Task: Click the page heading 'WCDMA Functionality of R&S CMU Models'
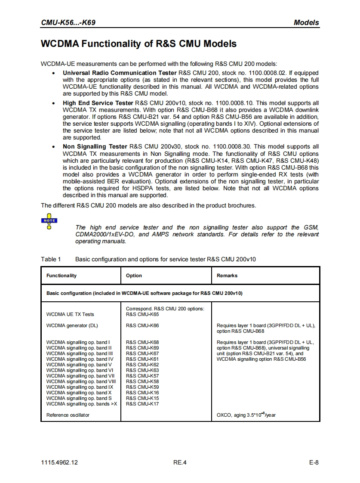pos(138,44)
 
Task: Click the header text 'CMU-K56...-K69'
pos(68,22)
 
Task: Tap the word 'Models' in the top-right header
pos(306,22)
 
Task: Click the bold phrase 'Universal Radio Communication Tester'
pos(120,73)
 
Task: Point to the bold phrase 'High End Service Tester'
pos(98,103)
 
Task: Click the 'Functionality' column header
pos(62,276)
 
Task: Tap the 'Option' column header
pos(134,276)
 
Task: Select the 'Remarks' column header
pos(227,276)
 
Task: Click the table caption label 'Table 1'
pos(51,259)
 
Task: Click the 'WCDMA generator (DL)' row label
pos(72,325)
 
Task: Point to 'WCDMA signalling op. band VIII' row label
pos(81,381)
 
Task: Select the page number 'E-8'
pos(314,463)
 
